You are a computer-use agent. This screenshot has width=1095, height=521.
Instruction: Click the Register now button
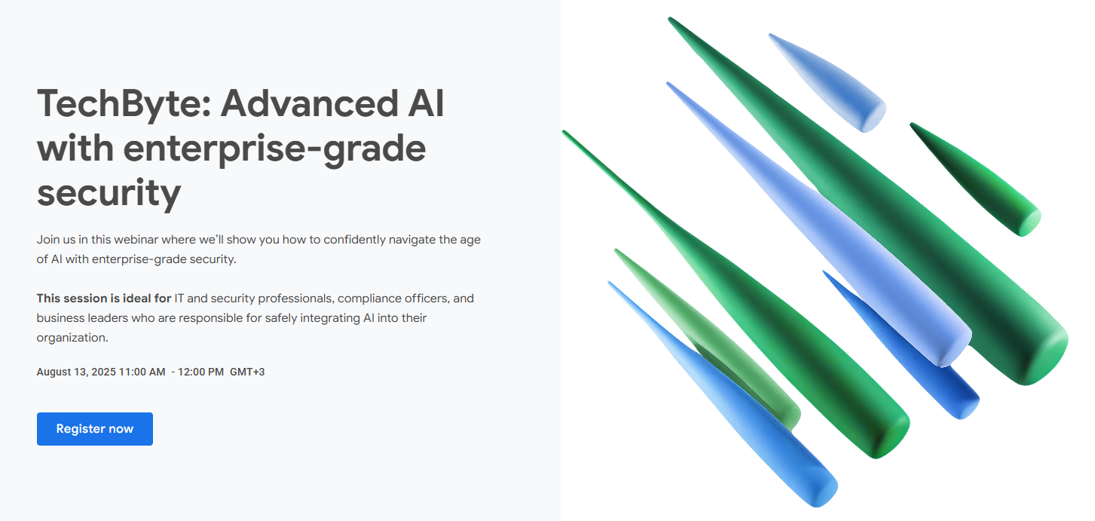(x=95, y=429)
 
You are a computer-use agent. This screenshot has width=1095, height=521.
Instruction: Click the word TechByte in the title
(x=124, y=105)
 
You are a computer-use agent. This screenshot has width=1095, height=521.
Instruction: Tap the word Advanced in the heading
(x=310, y=104)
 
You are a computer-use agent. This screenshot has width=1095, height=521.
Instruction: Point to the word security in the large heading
(x=109, y=194)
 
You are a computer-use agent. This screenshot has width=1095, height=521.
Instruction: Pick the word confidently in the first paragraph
(x=355, y=240)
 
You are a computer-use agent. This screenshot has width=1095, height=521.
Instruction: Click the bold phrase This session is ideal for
(x=104, y=299)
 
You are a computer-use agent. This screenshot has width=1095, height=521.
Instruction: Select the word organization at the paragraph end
(x=72, y=338)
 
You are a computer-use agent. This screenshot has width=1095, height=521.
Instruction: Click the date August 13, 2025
(x=76, y=372)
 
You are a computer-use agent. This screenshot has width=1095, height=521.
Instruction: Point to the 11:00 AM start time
(x=142, y=372)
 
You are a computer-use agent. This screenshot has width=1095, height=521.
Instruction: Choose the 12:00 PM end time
(x=200, y=372)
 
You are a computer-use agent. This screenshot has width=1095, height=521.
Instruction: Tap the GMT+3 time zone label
(x=247, y=372)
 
